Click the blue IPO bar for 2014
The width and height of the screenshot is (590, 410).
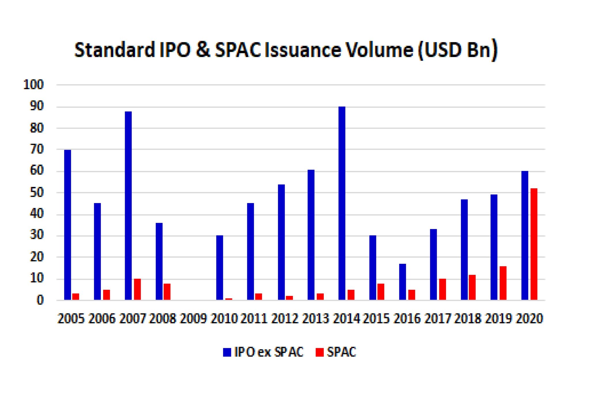point(342,203)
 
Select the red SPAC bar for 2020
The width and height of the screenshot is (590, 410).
point(534,244)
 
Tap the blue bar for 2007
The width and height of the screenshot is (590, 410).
point(128,206)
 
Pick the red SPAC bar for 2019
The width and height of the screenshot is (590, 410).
point(503,283)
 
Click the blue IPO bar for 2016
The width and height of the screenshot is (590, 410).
point(402,282)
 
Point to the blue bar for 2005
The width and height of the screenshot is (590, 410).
point(67,225)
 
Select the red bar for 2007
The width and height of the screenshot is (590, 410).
point(137,289)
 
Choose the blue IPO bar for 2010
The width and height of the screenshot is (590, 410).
point(220,268)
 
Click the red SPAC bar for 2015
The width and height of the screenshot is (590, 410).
point(381,292)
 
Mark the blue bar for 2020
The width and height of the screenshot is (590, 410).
point(525,236)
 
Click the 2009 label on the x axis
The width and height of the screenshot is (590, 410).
point(193,319)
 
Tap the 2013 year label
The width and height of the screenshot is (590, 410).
point(315,319)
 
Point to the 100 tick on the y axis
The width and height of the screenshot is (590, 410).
point(33,85)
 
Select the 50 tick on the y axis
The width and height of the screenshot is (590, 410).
point(37,193)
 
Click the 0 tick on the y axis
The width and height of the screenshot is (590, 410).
point(40,300)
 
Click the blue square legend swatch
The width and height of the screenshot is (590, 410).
point(227,352)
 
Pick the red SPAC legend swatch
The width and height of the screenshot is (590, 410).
point(319,352)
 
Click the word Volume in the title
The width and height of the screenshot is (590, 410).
point(379,50)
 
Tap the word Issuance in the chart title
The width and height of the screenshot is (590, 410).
point(303,50)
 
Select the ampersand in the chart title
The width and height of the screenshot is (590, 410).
point(203,50)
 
